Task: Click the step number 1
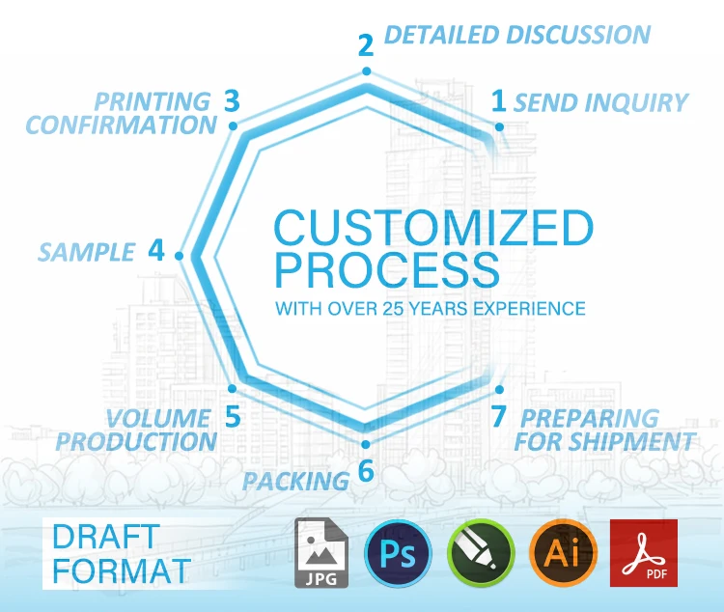(499, 99)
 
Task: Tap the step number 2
(365, 44)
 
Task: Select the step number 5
(232, 417)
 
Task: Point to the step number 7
(498, 417)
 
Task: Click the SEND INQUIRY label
(600, 102)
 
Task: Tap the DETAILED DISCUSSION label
(516, 36)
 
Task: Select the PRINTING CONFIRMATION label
(121, 113)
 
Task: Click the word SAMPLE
(86, 253)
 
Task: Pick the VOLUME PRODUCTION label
(136, 430)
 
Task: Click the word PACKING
(295, 480)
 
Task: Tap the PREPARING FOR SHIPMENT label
(604, 430)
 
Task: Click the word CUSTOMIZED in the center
(432, 230)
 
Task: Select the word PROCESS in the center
(387, 271)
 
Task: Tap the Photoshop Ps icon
(397, 554)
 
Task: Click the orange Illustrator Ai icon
(563, 554)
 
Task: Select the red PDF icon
(643, 553)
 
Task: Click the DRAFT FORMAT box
(122, 553)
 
